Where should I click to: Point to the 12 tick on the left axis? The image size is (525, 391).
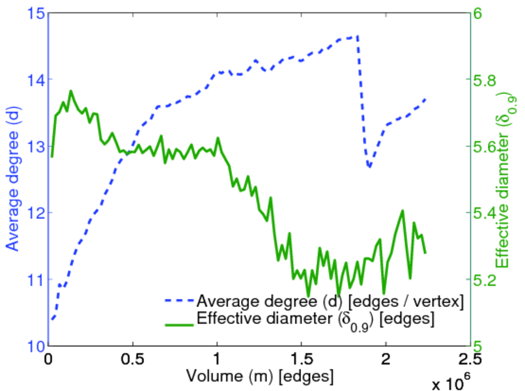pyautogui.click(x=36, y=212)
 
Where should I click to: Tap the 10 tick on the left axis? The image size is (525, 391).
pyautogui.click(x=36, y=345)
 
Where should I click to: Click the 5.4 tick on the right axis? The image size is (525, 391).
pyautogui.click(x=486, y=213)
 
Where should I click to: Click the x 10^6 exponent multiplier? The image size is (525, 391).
pyautogui.click(x=450, y=379)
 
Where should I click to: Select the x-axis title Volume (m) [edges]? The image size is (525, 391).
pyautogui.click(x=260, y=376)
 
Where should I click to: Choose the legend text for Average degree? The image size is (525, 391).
pyautogui.click(x=330, y=301)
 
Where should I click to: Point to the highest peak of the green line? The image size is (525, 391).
pyautogui.click(x=71, y=91)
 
